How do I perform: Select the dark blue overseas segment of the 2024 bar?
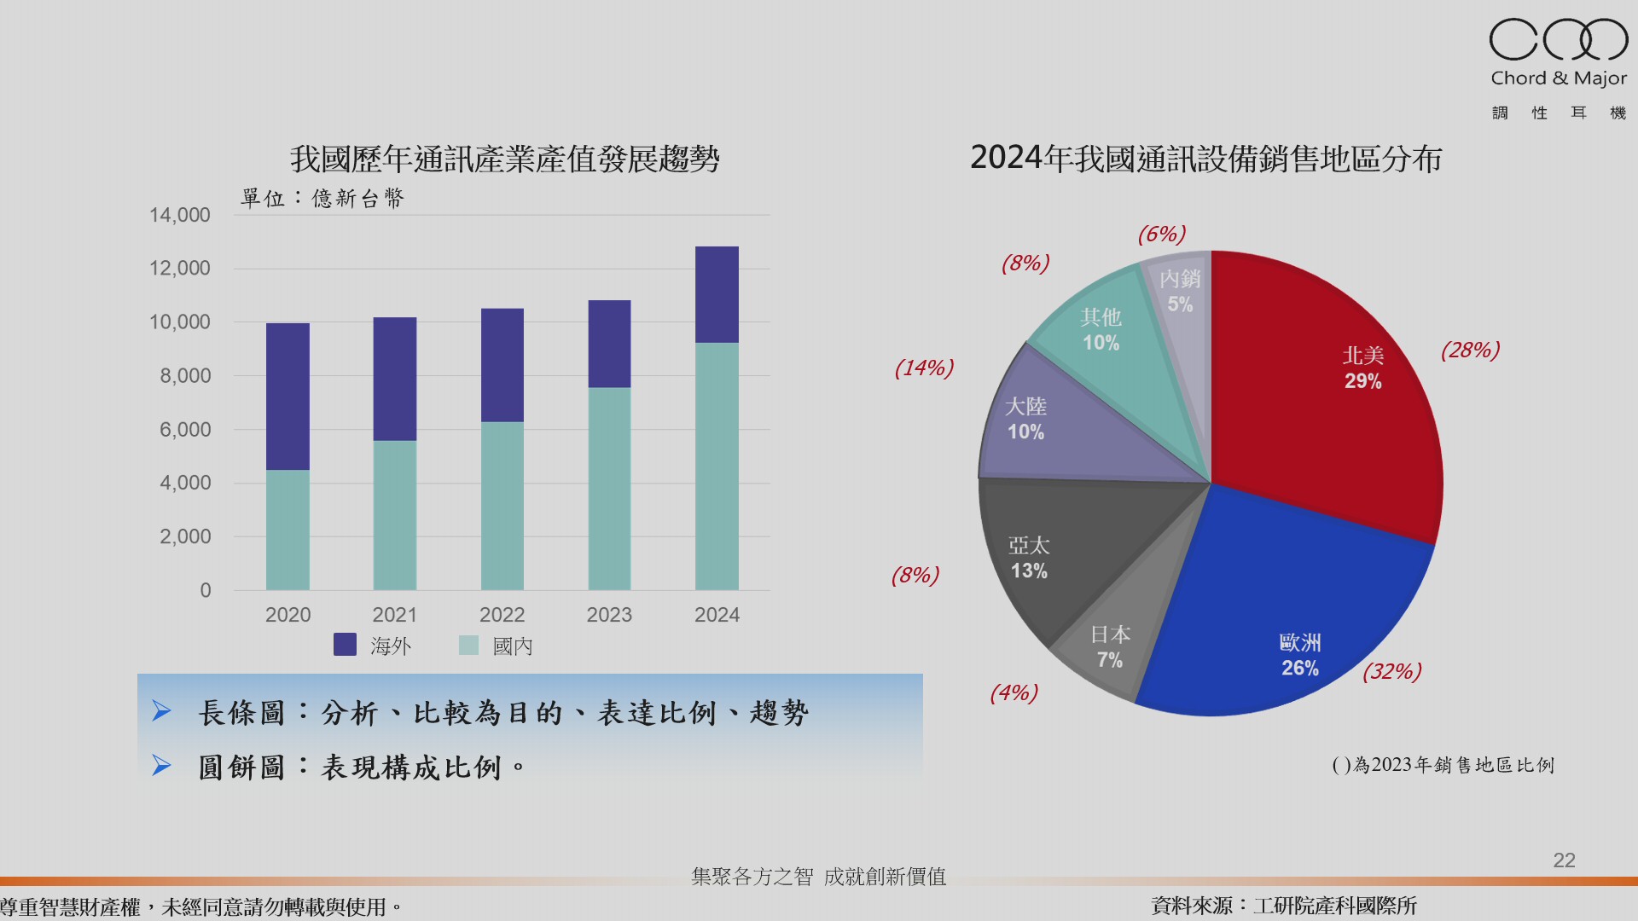(x=717, y=294)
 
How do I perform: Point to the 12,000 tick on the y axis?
(x=180, y=269)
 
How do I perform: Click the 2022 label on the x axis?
(x=502, y=615)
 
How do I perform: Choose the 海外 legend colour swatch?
(x=345, y=645)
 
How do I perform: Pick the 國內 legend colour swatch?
(x=468, y=645)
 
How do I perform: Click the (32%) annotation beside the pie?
(x=1391, y=672)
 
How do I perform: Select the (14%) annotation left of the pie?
(x=924, y=368)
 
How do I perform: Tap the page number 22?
(x=1564, y=860)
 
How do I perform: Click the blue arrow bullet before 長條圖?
(x=161, y=711)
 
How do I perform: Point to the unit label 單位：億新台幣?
(x=322, y=199)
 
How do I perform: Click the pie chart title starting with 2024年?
(x=1205, y=159)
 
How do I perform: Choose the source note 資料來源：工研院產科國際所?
(x=1284, y=906)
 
